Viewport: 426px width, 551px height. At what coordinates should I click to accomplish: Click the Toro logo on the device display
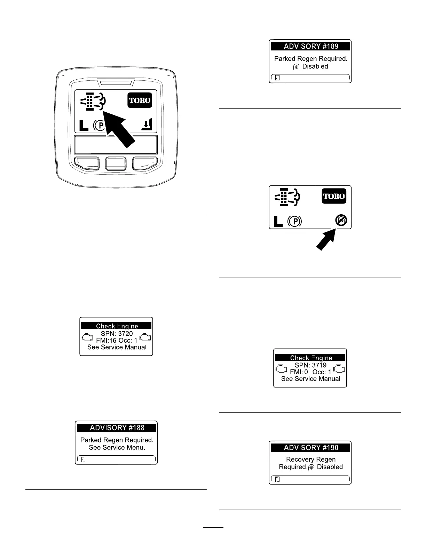coord(140,101)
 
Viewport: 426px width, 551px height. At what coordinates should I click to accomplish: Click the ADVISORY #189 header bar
coord(310,46)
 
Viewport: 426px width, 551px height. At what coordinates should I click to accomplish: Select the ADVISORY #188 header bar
coord(117,428)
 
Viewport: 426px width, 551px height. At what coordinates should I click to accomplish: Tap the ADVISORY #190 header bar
coord(310,448)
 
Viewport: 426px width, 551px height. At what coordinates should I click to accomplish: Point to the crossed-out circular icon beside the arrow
coord(341,220)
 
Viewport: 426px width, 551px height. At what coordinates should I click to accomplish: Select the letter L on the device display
coord(84,125)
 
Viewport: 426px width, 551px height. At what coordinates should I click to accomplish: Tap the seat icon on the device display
coord(147,125)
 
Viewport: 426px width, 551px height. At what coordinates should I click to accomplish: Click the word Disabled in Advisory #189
coord(315,66)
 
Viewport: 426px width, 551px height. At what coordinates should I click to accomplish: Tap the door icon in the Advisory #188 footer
coord(83,460)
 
